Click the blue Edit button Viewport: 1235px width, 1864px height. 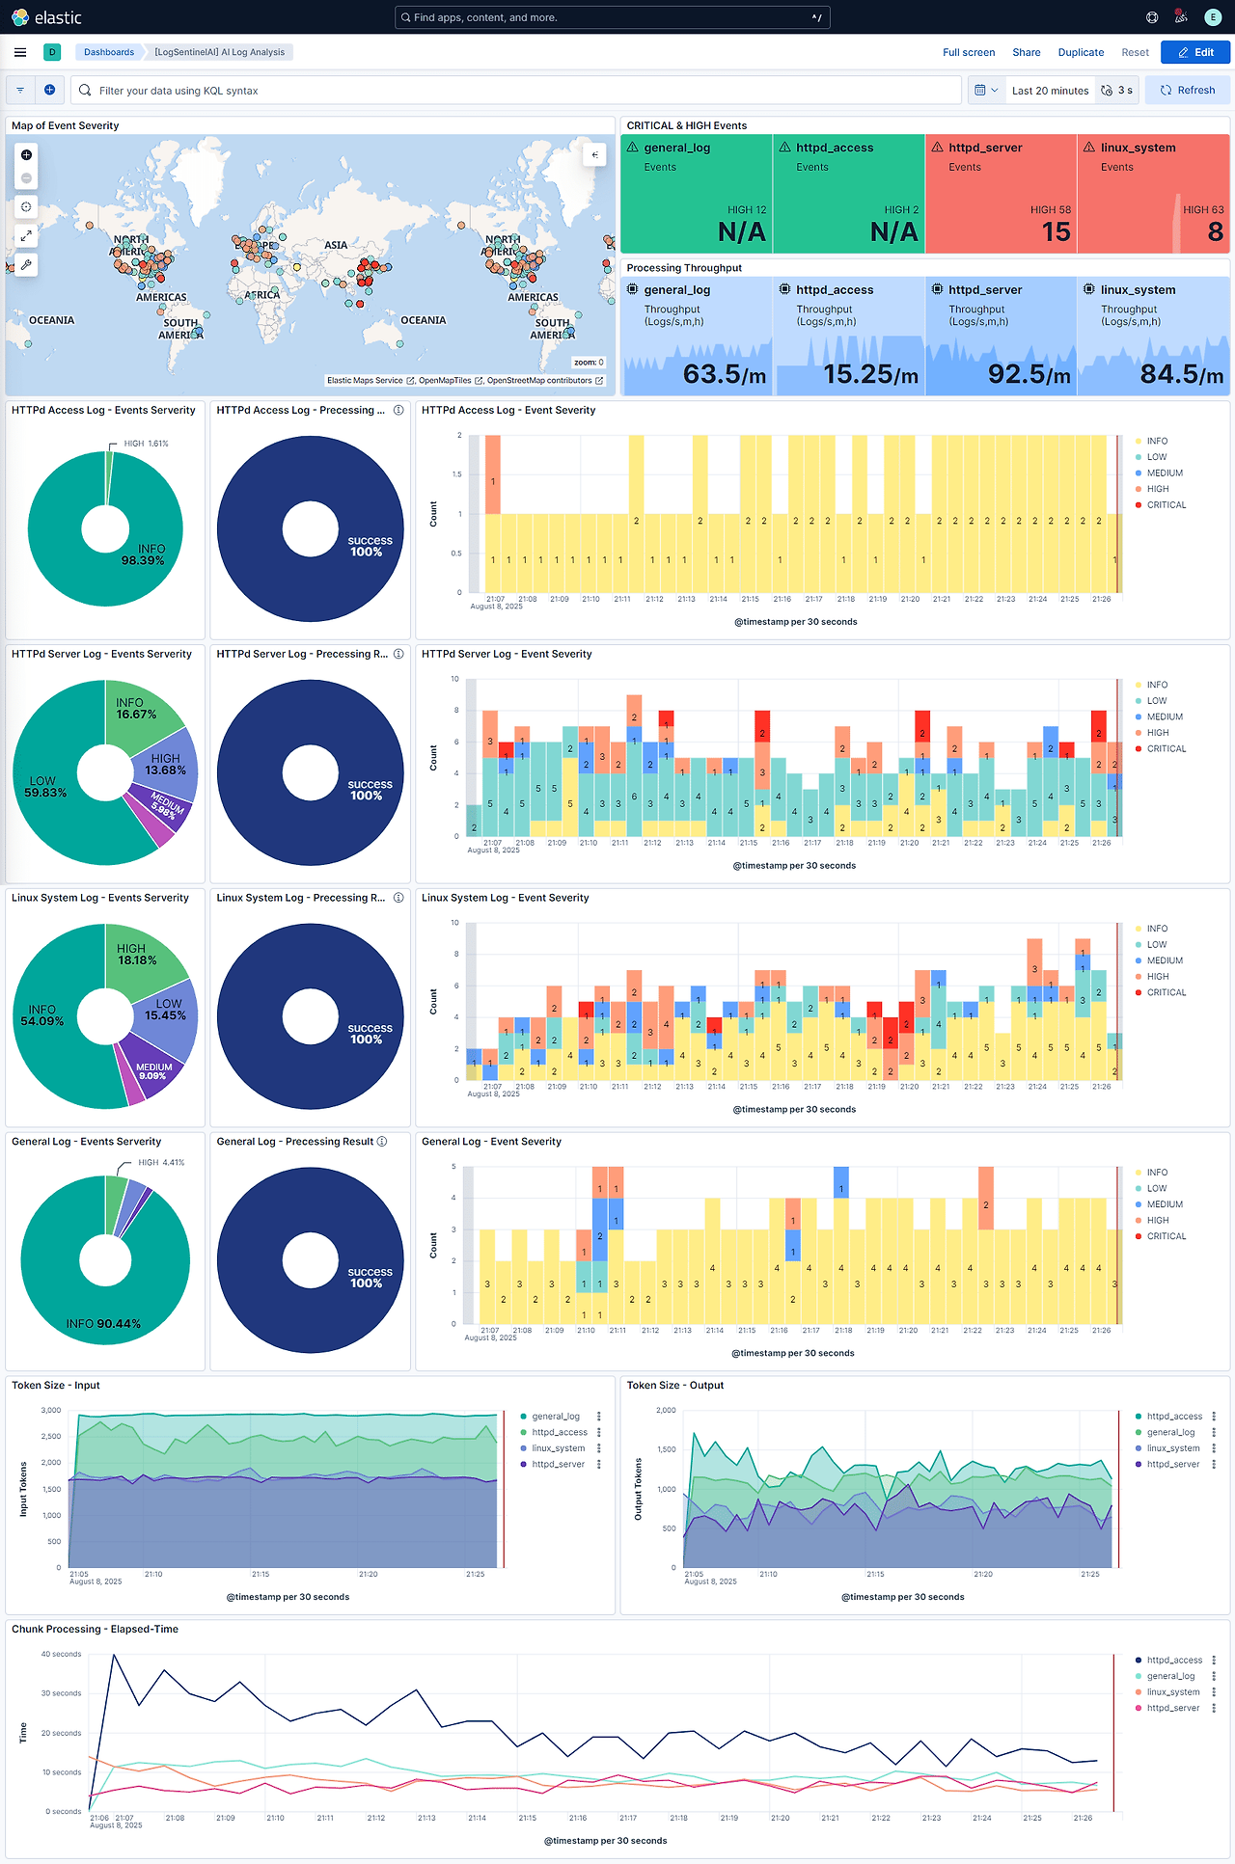pyautogui.click(x=1195, y=52)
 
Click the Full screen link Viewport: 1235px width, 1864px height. pyautogui.click(x=968, y=52)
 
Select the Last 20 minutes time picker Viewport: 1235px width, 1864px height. pyautogui.click(x=1050, y=91)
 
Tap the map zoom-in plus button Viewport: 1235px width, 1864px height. pyautogui.click(x=26, y=155)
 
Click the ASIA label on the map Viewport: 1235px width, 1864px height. pyautogui.click(x=336, y=245)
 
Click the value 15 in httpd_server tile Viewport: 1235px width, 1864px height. pyautogui.click(x=1056, y=232)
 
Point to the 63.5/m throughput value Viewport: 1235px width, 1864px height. pyautogui.click(x=724, y=374)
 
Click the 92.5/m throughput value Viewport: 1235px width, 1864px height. pyautogui.click(x=1029, y=374)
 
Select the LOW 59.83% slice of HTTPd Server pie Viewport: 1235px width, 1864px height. pyautogui.click(x=45, y=786)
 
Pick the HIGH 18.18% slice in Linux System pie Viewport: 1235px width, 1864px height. pyautogui.click(x=136, y=954)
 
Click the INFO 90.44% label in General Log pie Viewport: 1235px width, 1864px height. pyautogui.click(x=103, y=1324)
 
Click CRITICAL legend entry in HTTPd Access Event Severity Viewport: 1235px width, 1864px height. pyautogui.click(x=1166, y=505)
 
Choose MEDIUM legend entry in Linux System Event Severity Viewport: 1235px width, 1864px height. pyautogui.click(x=1165, y=960)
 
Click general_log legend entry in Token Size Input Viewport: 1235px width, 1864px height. pyautogui.click(x=556, y=1417)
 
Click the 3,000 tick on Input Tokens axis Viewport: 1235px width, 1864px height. pyautogui.click(x=51, y=1410)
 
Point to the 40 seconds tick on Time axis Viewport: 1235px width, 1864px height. pyautogui.click(x=61, y=1654)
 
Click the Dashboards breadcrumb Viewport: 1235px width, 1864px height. pyautogui.click(x=108, y=52)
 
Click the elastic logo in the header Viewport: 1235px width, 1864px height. pyautogui.click(x=46, y=17)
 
